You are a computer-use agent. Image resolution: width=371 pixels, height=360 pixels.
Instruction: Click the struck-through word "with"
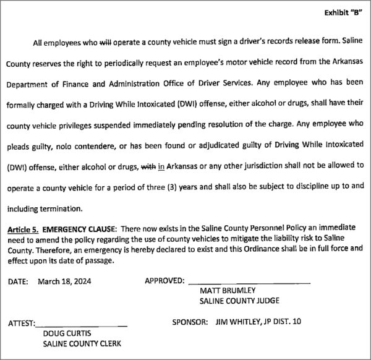[x=148, y=166]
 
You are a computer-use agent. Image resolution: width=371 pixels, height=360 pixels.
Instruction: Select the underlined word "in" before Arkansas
[x=162, y=166]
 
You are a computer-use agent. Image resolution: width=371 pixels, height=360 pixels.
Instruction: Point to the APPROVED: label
[x=164, y=281]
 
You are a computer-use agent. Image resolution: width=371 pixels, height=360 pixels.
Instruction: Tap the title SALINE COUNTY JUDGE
[x=239, y=301]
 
